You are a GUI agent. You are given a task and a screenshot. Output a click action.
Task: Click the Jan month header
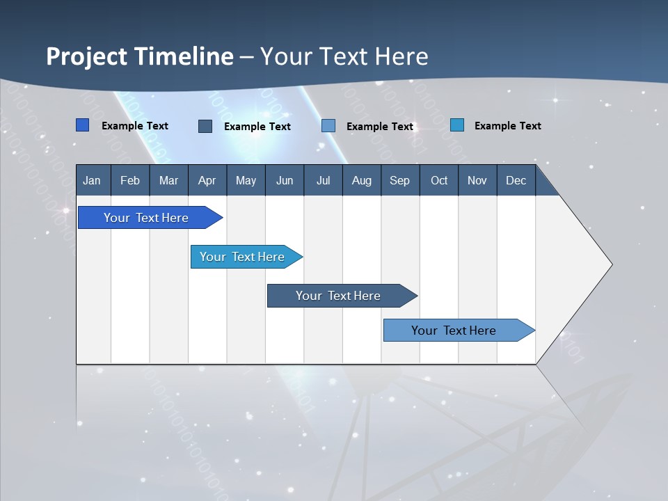point(92,180)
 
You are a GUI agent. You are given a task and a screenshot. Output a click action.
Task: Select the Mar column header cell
point(168,180)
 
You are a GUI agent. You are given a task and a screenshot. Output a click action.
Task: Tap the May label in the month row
point(246,180)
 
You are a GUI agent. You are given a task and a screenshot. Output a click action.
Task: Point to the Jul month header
point(323,180)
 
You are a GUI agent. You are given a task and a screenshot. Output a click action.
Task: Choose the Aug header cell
point(361,180)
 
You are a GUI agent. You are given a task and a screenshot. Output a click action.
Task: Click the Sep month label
point(399,180)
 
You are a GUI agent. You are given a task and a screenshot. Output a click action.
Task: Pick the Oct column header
point(439,180)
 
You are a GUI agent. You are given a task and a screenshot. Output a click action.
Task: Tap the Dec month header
point(516,180)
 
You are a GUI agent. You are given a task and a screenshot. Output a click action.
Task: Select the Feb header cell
point(130,180)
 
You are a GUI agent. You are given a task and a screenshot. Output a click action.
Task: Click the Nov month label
point(477,180)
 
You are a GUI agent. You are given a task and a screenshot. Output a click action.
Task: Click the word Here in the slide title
point(401,56)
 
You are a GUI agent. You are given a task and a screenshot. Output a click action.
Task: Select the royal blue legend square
point(83,125)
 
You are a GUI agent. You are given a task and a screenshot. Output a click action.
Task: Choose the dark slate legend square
point(205,126)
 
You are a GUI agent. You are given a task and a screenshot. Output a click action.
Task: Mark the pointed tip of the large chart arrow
point(611,264)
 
